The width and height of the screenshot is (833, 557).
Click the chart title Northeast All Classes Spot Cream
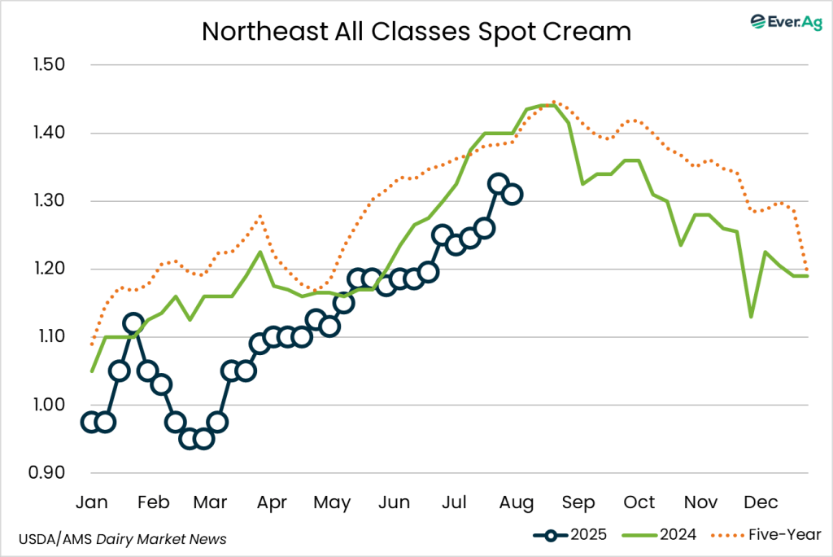point(416,31)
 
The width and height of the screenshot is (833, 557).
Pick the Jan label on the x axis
point(91,502)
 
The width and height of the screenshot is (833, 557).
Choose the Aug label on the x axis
point(517,502)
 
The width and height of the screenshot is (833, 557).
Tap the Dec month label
point(764,502)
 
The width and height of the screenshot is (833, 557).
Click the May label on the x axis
point(332,502)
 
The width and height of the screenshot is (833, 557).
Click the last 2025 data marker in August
point(512,194)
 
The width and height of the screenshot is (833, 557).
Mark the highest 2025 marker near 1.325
point(499,183)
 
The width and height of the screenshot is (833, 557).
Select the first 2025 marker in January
point(91,422)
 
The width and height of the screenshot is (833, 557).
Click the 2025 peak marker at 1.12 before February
point(133,323)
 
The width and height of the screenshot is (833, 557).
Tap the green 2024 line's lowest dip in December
point(751,317)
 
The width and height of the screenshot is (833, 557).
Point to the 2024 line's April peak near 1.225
point(260,252)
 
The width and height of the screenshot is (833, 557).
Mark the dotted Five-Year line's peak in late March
point(260,216)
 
